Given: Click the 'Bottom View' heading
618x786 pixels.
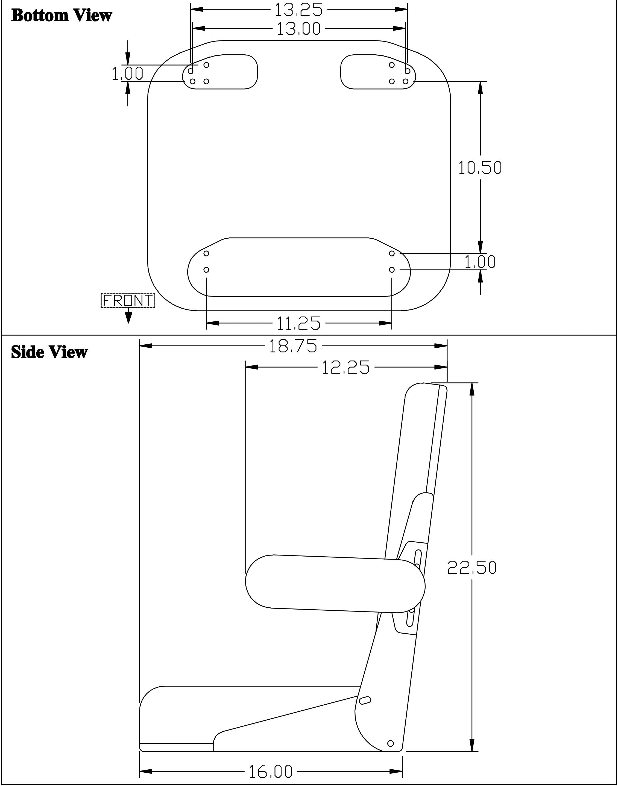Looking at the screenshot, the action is click(x=61, y=16).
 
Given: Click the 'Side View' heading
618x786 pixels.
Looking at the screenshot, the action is click(x=49, y=352).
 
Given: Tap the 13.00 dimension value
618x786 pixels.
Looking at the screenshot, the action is click(x=298, y=29).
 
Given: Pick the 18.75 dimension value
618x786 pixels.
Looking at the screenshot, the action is click(x=293, y=346).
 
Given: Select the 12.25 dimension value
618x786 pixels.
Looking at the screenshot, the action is click(x=345, y=367).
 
